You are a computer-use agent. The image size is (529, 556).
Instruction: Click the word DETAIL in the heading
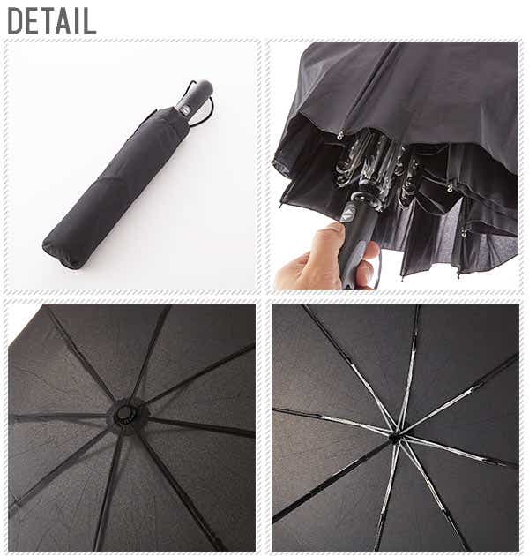click(x=52, y=21)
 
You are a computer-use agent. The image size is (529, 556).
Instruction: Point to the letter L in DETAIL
click(x=90, y=21)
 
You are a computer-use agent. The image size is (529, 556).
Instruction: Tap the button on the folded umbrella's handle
click(x=185, y=109)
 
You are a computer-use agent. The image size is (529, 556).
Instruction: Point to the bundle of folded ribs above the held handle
click(x=376, y=167)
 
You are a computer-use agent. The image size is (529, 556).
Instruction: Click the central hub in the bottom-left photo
click(x=124, y=412)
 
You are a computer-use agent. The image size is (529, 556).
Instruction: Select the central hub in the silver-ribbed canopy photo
click(x=395, y=437)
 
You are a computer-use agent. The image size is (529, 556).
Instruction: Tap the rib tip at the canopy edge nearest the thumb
click(x=281, y=205)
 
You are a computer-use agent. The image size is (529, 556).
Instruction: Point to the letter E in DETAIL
click(x=33, y=21)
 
